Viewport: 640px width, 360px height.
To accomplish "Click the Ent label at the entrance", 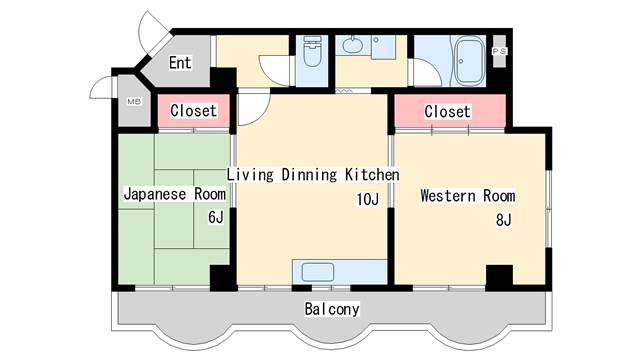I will tap(180, 63).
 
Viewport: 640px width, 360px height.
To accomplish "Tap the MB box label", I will tap(133, 102).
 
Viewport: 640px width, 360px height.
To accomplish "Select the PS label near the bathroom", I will tap(501, 50).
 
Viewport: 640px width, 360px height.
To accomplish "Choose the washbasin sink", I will tap(353, 45).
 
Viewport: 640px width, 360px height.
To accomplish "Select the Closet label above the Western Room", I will tap(447, 111).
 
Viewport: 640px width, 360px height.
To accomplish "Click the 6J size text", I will tap(215, 217).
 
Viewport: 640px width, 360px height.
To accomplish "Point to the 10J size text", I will tap(367, 200).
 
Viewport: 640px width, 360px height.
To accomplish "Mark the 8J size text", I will tap(503, 220).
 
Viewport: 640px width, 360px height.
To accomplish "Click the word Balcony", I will tap(332, 309).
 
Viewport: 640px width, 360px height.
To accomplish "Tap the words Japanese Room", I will tap(175, 194).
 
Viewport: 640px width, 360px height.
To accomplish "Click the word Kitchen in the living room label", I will tap(372, 175).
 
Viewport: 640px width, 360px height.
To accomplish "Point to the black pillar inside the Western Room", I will tap(498, 275).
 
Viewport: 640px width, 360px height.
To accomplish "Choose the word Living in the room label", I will tap(251, 175).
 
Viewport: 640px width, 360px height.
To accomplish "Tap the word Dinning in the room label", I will tap(310, 175).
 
